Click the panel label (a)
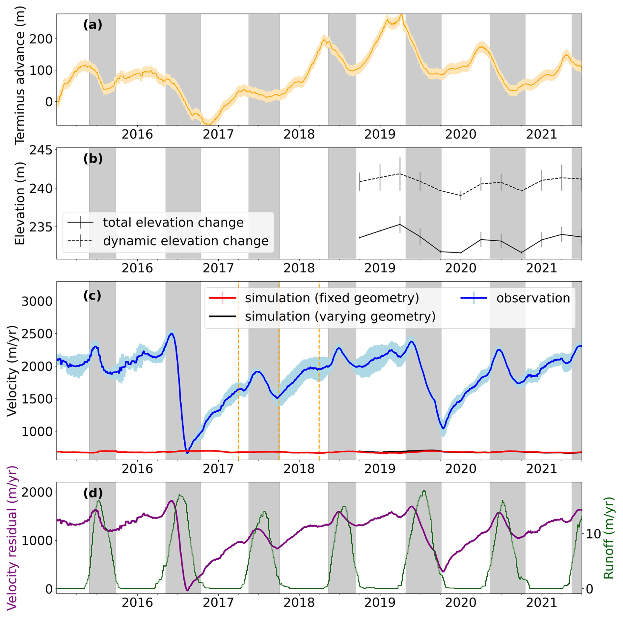93,25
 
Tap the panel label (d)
93,493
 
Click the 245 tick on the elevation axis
41,150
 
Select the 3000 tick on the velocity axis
37,301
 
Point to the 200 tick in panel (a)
41,39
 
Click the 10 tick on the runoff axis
593,534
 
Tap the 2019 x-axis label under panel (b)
380,268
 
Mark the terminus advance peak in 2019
401,15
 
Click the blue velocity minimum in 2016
187,453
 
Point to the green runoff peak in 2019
424,491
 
